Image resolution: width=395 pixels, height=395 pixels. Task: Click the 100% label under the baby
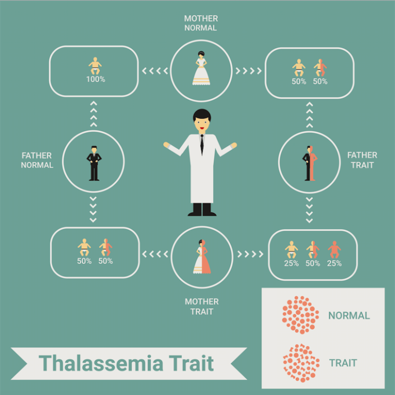click(96, 80)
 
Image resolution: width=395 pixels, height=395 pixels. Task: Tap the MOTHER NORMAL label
click(201, 23)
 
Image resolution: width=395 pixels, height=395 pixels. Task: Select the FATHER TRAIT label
click(363, 160)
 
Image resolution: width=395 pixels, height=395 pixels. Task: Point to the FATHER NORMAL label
click(37, 160)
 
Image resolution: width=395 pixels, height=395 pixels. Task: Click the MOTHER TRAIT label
click(202, 306)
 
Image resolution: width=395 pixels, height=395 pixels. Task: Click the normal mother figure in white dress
click(201, 68)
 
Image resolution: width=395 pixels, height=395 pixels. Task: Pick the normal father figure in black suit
click(94, 163)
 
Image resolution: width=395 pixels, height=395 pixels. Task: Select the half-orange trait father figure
click(310, 163)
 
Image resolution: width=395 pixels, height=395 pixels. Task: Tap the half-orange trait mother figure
click(202, 257)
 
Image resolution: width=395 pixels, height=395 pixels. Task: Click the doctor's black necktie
click(202, 145)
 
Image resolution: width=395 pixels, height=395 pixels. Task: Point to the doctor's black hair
click(202, 115)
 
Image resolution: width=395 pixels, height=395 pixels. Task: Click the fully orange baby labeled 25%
click(334, 249)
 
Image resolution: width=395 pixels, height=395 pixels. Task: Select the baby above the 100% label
click(95, 66)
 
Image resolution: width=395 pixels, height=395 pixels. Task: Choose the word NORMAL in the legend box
click(349, 315)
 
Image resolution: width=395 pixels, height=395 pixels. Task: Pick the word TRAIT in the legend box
click(343, 363)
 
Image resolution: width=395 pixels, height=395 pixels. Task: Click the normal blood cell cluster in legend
click(300, 315)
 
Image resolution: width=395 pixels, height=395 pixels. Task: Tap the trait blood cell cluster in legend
click(301, 363)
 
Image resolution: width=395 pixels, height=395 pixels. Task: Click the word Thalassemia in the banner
click(101, 363)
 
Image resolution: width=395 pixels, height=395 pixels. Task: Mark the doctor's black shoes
click(202, 210)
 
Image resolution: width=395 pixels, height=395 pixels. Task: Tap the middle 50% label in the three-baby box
click(313, 263)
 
